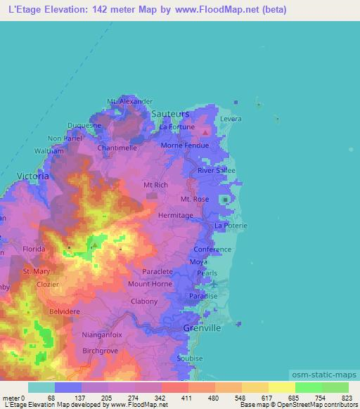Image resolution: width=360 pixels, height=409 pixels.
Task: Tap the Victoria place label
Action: click(x=33, y=176)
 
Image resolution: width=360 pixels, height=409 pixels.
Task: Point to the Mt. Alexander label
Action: click(x=129, y=101)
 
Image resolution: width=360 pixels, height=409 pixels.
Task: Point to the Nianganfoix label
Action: click(x=101, y=335)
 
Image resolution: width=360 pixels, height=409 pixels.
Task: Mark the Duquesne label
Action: click(x=84, y=125)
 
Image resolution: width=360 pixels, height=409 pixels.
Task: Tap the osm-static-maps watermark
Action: click(x=330, y=373)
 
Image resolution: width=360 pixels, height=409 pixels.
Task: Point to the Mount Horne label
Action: click(x=150, y=284)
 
